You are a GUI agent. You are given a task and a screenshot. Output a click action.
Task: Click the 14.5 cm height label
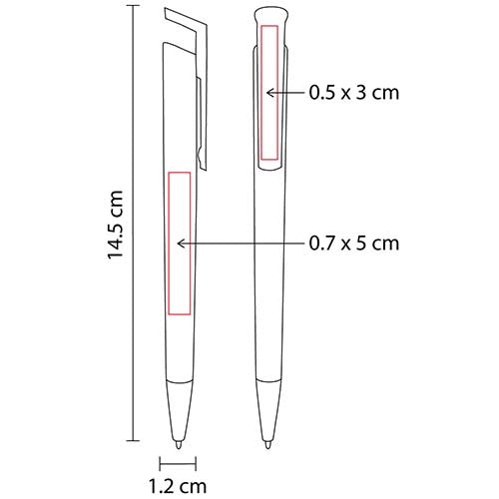click(116, 225)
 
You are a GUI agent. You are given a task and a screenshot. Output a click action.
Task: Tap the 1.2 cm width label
click(178, 486)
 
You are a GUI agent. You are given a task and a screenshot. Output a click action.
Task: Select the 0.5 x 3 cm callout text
click(354, 93)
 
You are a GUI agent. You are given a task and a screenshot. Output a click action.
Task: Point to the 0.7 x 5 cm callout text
click(354, 244)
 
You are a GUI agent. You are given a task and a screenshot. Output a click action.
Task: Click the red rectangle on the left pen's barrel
click(169, 244)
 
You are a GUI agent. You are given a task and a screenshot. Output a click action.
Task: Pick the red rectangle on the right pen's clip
click(261, 93)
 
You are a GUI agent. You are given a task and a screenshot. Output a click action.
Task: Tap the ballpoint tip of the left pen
click(179, 445)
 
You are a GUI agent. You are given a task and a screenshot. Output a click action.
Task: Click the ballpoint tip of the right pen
click(267, 445)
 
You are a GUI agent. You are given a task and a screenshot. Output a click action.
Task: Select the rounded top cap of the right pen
click(270, 16)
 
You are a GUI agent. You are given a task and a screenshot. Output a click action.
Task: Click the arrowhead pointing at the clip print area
click(270, 93)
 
